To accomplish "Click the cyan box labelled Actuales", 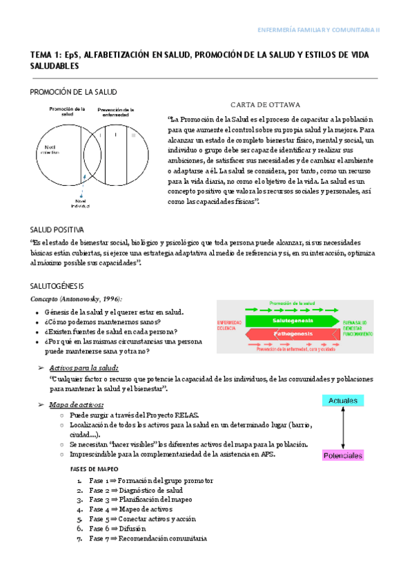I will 342,401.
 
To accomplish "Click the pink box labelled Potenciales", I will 343,456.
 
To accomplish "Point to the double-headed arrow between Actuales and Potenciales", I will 343,428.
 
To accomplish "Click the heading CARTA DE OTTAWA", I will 266,104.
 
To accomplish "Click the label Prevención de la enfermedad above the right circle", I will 115,111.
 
